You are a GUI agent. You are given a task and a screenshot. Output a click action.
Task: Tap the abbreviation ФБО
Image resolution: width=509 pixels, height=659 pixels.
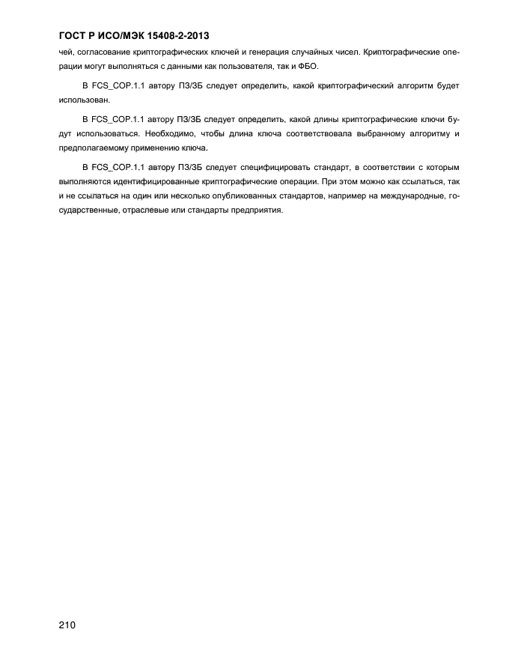[x=308, y=66]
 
